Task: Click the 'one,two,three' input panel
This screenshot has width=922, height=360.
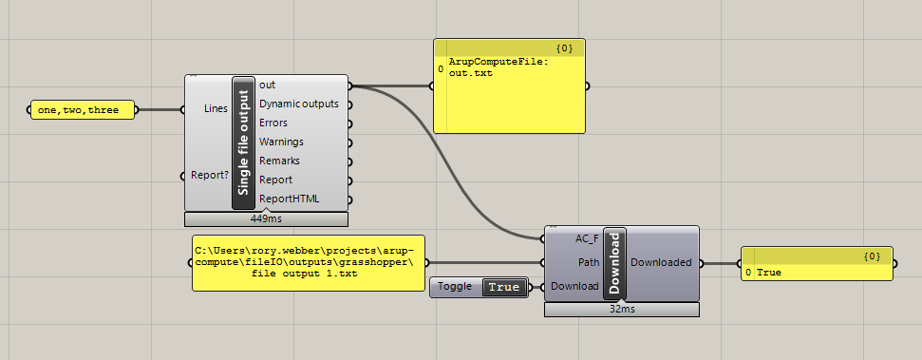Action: [x=79, y=110]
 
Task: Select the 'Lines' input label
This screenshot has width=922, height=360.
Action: [x=216, y=109]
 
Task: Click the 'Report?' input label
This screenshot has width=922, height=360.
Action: [x=209, y=175]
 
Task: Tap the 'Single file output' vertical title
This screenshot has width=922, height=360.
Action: [x=243, y=142]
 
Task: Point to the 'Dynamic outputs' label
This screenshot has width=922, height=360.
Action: [x=298, y=104]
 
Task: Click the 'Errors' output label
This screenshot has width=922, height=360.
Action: [x=273, y=123]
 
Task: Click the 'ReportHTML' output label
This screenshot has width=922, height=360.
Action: [x=289, y=199]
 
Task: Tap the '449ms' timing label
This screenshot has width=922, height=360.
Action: [x=266, y=218]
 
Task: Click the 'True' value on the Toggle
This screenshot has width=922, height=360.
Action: [x=504, y=287]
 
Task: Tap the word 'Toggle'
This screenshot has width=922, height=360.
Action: [x=455, y=287]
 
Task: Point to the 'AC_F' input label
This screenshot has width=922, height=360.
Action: [x=587, y=237]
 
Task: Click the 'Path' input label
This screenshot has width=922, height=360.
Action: [x=589, y=261]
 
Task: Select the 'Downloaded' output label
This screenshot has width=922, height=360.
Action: [x=661, y=261]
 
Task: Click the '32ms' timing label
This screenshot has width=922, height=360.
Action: [x=622, y=308]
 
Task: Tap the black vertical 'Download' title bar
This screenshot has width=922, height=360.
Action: [x=613, y=263]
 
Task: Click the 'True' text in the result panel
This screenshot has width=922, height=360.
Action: [x=768, y=273]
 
